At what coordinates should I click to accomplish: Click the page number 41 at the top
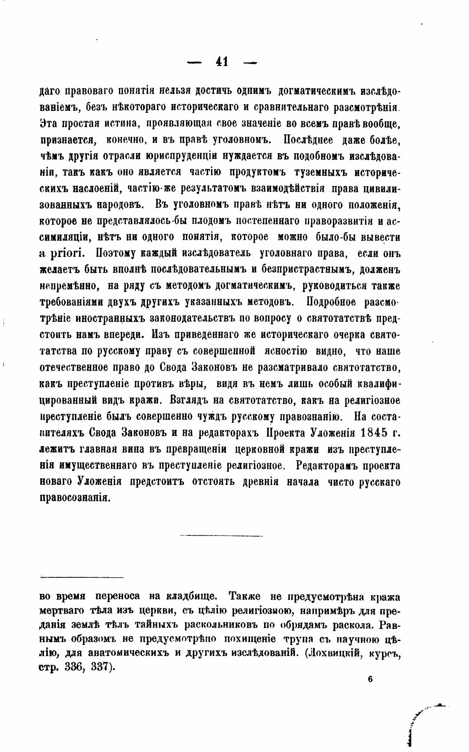click(222, 62)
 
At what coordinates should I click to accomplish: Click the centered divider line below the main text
click(221, 536)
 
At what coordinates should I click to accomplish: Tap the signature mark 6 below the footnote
click(370, 680)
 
